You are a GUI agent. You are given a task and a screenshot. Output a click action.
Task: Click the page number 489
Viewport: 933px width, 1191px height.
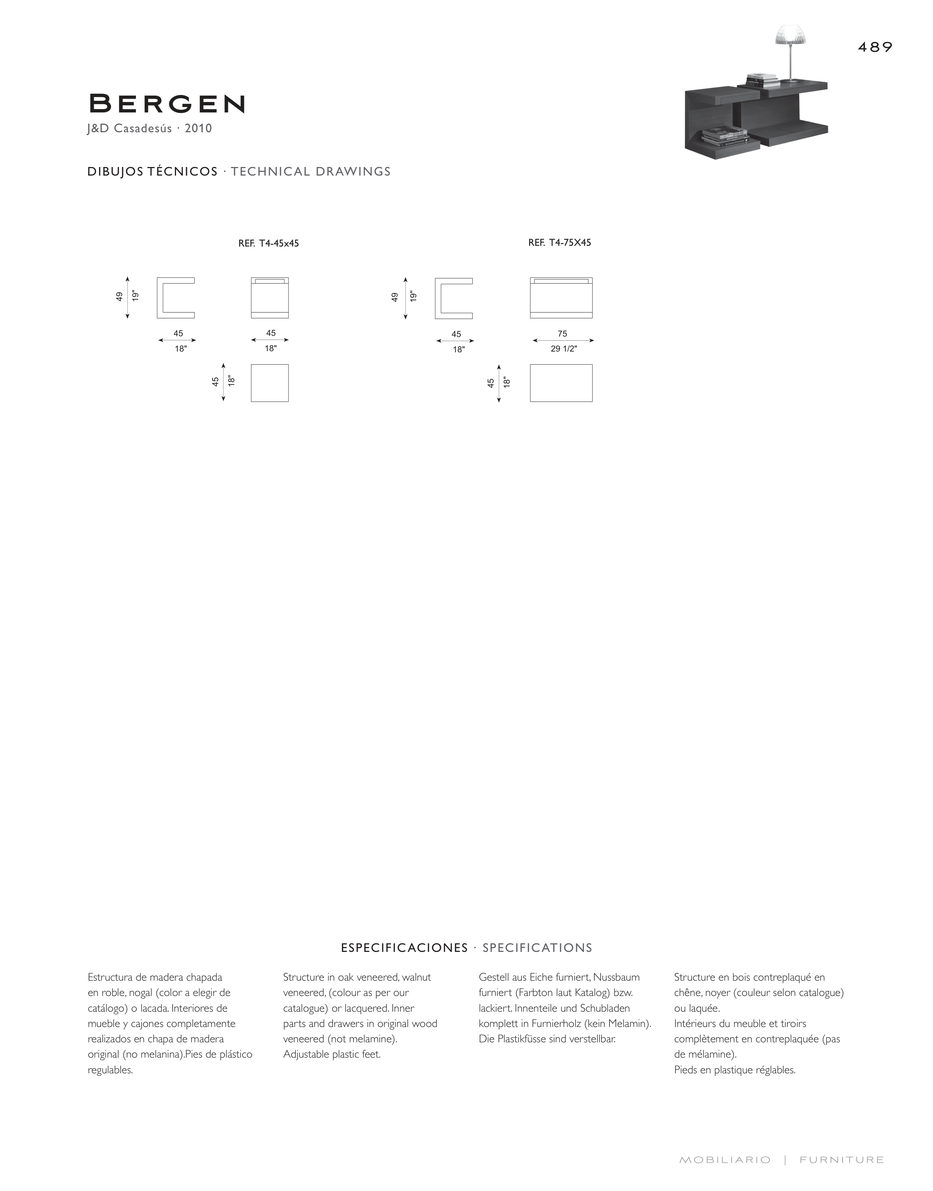[x=875, y=47]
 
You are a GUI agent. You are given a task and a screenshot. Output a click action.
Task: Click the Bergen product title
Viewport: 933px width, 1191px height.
[x=167, y=104]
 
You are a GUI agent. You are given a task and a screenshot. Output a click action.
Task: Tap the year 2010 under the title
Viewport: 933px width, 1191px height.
[x=198, y=129]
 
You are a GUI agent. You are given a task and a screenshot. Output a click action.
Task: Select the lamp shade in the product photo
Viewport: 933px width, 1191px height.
[x=791, y=35]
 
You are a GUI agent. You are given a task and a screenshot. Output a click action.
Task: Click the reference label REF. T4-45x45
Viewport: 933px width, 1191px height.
[x=268, y=244]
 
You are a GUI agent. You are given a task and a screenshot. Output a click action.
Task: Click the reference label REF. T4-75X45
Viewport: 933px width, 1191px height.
[x=559, y=242]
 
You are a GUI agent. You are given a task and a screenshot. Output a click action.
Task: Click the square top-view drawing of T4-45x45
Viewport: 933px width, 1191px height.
[x=269, y=383]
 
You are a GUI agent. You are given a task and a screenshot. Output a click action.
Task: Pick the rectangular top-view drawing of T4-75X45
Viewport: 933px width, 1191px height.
[x=561, y=383]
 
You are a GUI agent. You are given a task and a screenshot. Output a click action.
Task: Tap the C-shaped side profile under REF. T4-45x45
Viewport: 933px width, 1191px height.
[x=175, y=298]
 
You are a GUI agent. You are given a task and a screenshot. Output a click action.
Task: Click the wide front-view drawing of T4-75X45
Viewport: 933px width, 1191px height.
[x=561, y=298]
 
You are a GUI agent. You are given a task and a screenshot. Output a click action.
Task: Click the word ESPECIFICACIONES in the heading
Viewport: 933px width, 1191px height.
[x=404, y=948]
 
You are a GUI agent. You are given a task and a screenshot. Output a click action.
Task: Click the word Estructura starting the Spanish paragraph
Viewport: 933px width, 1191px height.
[x=108, y=977]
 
